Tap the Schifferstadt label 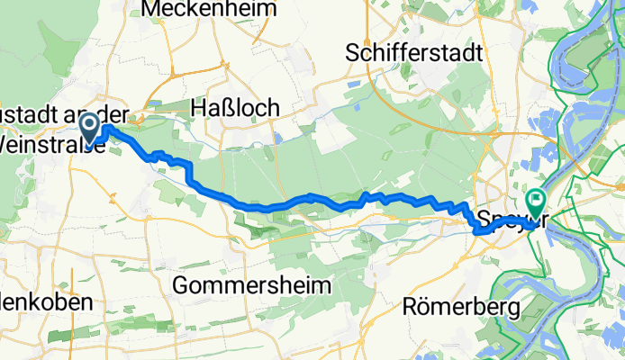coord(415,52)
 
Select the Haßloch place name coord(235,107)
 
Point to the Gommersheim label coord(251,285)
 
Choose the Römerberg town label coord(475,308)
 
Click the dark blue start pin coord(90,127)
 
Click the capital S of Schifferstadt coord(354,52)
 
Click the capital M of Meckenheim coord(151,9)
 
